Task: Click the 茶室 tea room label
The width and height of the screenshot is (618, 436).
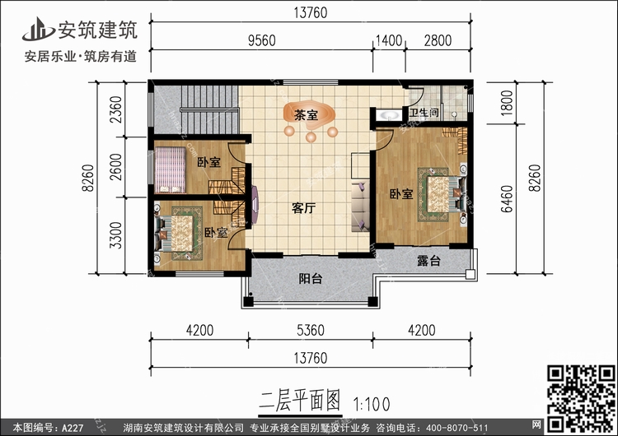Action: pos(306,116)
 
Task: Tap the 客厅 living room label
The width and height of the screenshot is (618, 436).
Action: pos(304,208)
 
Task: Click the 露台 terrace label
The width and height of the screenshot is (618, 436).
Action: pos(428,261)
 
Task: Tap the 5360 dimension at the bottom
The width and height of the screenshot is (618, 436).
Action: pos(311,332)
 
